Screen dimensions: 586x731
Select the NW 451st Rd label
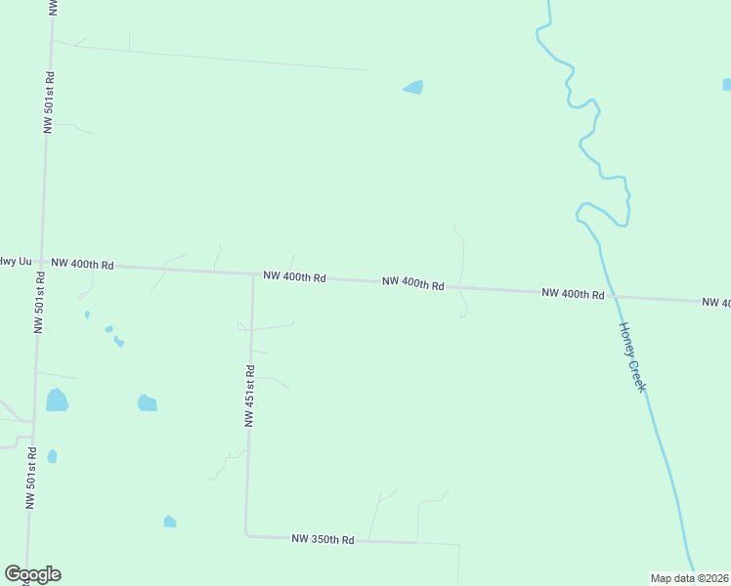point(250,396)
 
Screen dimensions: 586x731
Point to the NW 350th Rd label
point(322,539)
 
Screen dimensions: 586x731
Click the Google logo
point(32,574)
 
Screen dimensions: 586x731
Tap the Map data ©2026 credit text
point(690,578)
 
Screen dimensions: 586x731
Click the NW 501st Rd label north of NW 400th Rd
point(49,102)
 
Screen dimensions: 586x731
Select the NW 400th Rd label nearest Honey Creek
point(574,293)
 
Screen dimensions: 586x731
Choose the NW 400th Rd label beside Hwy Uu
point(83,264)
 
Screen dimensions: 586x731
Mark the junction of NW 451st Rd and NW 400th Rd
point(253,274)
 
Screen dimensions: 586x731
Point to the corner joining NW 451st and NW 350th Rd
point(245,534)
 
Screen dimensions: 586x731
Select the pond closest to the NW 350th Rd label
point(170,522)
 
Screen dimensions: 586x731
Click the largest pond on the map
point(57,399)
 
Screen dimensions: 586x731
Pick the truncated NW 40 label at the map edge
point(715,303)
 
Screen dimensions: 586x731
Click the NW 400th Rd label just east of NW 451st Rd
point(293,277)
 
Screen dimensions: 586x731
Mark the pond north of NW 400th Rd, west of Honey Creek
point(413,88)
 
